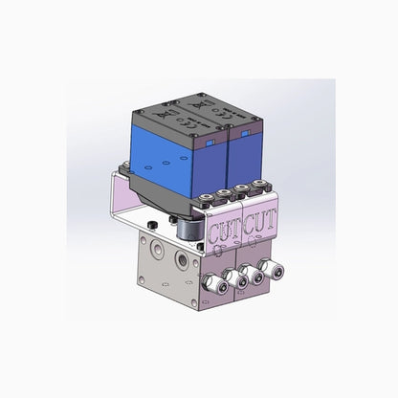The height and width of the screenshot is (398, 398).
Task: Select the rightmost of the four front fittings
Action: click(x=276, y=270)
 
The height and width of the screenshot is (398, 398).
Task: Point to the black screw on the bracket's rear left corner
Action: click(x=124, y=172)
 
